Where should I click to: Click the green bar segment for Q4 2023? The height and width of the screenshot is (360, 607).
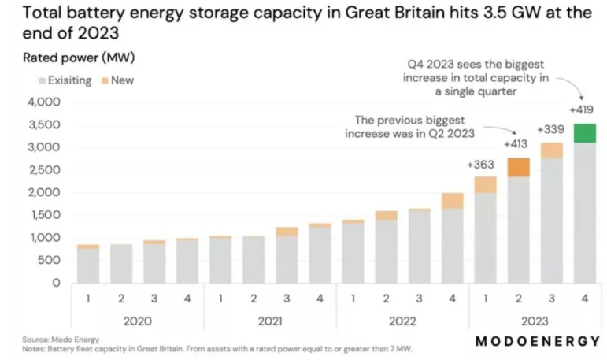tap(584, 133)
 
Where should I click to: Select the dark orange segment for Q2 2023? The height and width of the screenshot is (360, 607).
tap(518, 167)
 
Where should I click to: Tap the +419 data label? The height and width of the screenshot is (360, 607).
tap(584, 109)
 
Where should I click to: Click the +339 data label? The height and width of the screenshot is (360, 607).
tap(551, 129)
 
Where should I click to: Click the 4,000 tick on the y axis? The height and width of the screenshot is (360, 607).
tap(44, 102)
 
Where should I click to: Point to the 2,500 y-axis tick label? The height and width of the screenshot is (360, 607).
tap(44, 170)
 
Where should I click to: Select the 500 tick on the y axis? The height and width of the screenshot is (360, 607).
tap(49, 261)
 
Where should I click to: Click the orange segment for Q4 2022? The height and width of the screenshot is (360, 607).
tap(452, 201)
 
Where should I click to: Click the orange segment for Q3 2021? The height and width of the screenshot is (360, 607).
tap(287, 231)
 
